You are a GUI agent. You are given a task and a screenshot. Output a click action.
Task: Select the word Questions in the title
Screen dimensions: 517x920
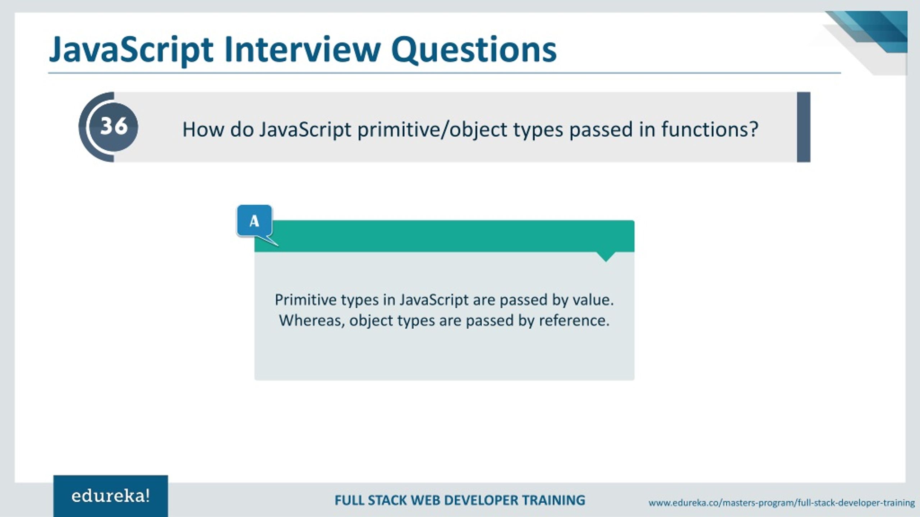pyautogui.click(x=474, y=50)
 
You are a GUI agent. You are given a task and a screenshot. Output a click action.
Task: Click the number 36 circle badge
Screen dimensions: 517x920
pyautogui.click(x=114, y=126)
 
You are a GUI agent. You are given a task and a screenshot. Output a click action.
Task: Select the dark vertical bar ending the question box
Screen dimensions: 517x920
pyautogui.click(x=804, y=127)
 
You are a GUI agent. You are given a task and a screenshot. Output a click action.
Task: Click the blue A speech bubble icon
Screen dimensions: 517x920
pyautogui.click(x=254, y=221)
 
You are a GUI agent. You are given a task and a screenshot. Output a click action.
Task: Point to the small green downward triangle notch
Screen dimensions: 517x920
pyautogui.click(x=606, y=256)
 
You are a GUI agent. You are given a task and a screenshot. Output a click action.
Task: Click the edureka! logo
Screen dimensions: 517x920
pyautogui.click(x=110, y=496)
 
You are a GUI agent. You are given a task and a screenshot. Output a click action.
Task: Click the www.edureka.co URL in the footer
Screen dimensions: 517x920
pyautogui.click(x=781, y=503)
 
